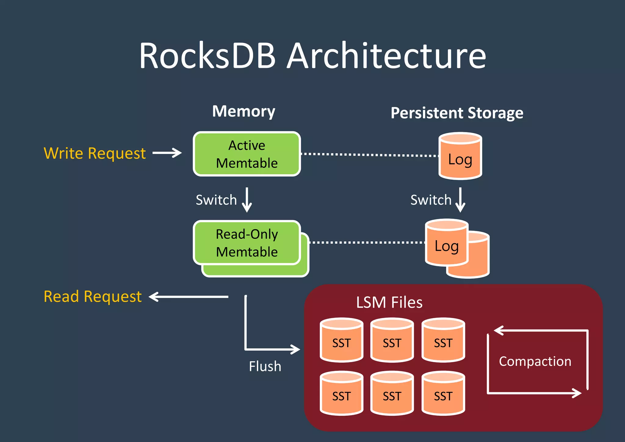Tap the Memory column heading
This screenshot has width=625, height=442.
click(244, 111)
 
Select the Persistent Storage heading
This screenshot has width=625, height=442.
click(457, 113)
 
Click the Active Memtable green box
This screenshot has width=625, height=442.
click(247, 154)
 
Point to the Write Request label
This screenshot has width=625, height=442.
click(95, 153)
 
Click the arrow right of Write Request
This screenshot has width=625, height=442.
click(167, 153)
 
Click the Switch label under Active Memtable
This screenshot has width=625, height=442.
click(216, 200)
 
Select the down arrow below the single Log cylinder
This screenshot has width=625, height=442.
click(460, 200)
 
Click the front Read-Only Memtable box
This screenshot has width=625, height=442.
click(247, 243)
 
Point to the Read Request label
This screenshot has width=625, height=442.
click(93, 296)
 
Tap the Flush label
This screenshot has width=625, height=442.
click(265, 366)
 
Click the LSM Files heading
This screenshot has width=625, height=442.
click(389, 303)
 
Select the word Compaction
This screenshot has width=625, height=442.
click(535, 361)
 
